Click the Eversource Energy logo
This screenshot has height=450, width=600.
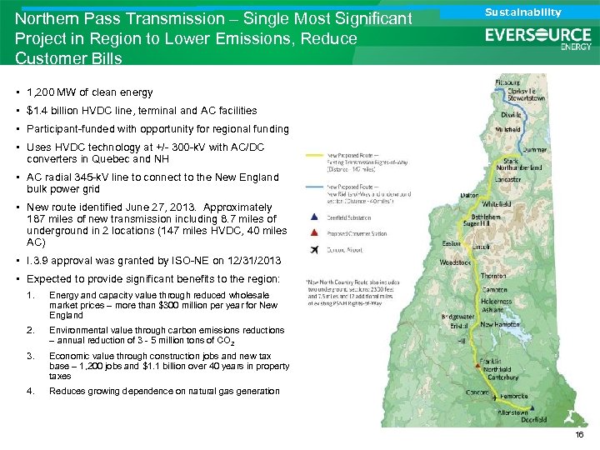pyautogui.click(x=537, y=38)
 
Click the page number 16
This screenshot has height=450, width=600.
pyautogui.click(x=578, y=435)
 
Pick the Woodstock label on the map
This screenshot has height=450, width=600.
pyautogui.click(x=456, y=262)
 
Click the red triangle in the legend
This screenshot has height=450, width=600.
pyautogui.click(x=312, y=234)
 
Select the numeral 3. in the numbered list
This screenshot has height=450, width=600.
pyautogui.click(x=31, y=355)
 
